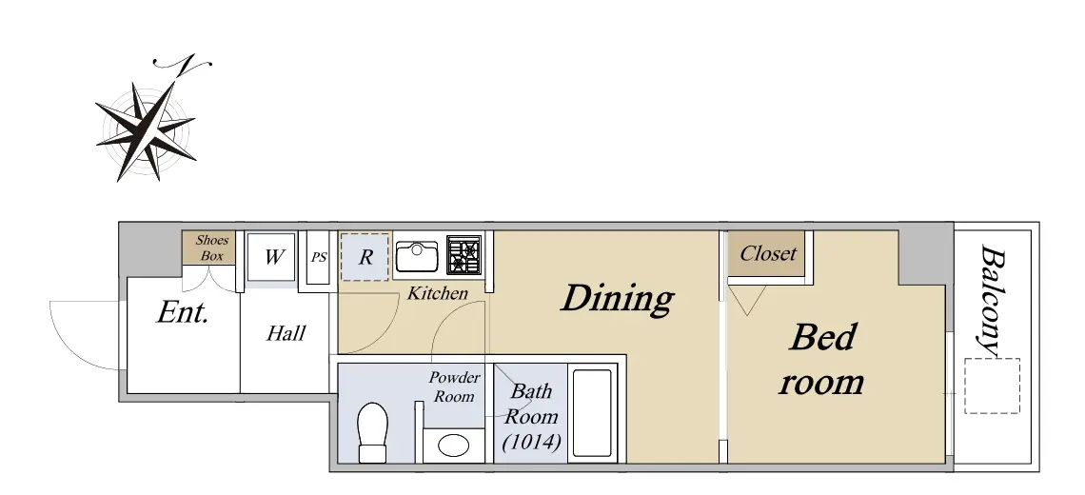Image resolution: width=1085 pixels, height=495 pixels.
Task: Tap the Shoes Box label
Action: [x=211, y=247]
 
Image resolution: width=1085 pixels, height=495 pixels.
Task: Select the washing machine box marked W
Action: [x=272, y=257]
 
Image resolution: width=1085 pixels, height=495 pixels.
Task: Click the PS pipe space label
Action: [x=318, y=257]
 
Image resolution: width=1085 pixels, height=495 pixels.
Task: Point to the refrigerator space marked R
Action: [x=365, y=257]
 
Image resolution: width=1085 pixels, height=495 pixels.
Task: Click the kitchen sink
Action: [x=417, y=256]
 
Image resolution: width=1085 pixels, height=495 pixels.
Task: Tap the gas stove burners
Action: [x=464, y=255]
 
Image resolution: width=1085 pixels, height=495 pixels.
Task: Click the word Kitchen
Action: [x=437, y=293]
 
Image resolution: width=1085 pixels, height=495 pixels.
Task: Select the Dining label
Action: [x=618, y=298]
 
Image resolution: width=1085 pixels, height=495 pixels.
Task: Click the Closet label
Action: [x=768, y=253]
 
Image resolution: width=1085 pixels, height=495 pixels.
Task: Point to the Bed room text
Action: [x=822, y=360]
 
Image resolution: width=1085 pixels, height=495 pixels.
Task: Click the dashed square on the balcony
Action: [x=993, y=386]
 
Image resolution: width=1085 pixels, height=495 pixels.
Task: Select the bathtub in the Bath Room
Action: [x=592, y=413]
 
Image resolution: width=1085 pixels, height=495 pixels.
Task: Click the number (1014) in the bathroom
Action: [x=531, y=441]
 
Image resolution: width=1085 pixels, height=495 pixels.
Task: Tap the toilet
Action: [x=373, y=433]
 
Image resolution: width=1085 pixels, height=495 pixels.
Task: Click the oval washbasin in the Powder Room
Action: [x=453, y=445]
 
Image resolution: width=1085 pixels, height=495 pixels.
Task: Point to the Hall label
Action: [x=286, y=334]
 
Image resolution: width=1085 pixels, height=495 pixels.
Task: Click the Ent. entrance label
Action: [x=183, y=312]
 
